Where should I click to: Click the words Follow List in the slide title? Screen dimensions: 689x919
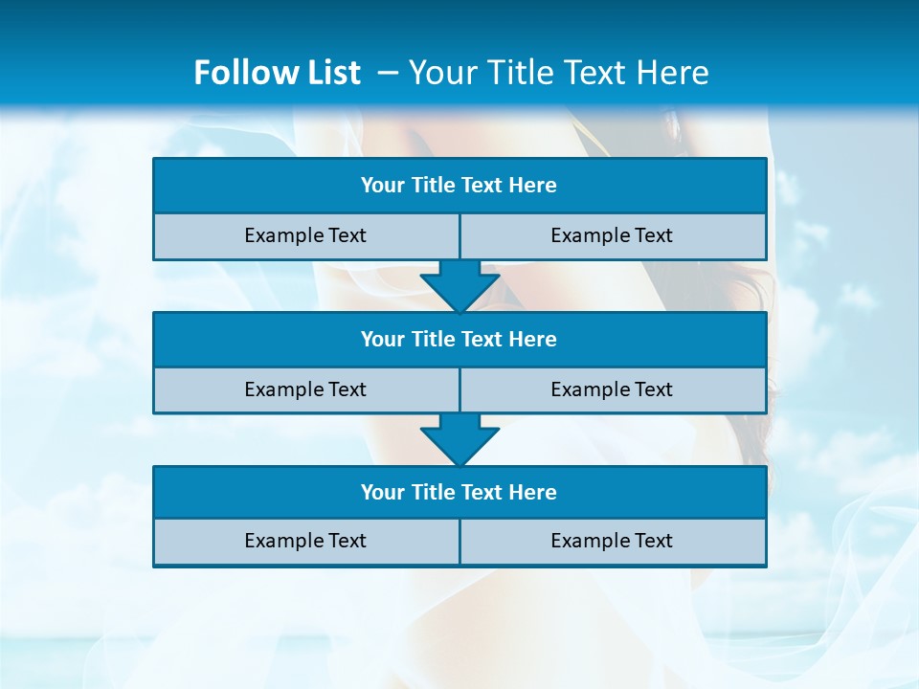[x=277, y=73]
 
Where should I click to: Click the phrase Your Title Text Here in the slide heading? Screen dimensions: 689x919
[x=558, y=73]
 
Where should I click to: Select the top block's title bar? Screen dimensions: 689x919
[x=459, y=186]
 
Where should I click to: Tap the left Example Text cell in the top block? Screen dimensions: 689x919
[x=305, y=235]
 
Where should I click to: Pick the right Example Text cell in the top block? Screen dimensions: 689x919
[x=612, y=235]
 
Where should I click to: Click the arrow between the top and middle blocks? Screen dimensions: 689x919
[x=459, y=286]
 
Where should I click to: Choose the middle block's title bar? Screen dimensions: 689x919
[x=459, y=339]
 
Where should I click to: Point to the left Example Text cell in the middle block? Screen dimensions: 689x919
[x=305, y=389]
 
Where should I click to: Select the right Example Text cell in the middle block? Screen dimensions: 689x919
[x=612, y=389]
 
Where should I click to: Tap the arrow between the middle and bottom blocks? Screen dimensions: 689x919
[x=459, y=439]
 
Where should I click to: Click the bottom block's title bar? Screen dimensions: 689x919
[x=459, y=492]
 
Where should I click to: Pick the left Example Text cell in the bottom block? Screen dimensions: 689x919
[x=305, y=541]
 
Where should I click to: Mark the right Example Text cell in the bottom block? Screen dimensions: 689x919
[x=612, y=541]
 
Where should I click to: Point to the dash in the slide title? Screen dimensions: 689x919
[x=388, y=73]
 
